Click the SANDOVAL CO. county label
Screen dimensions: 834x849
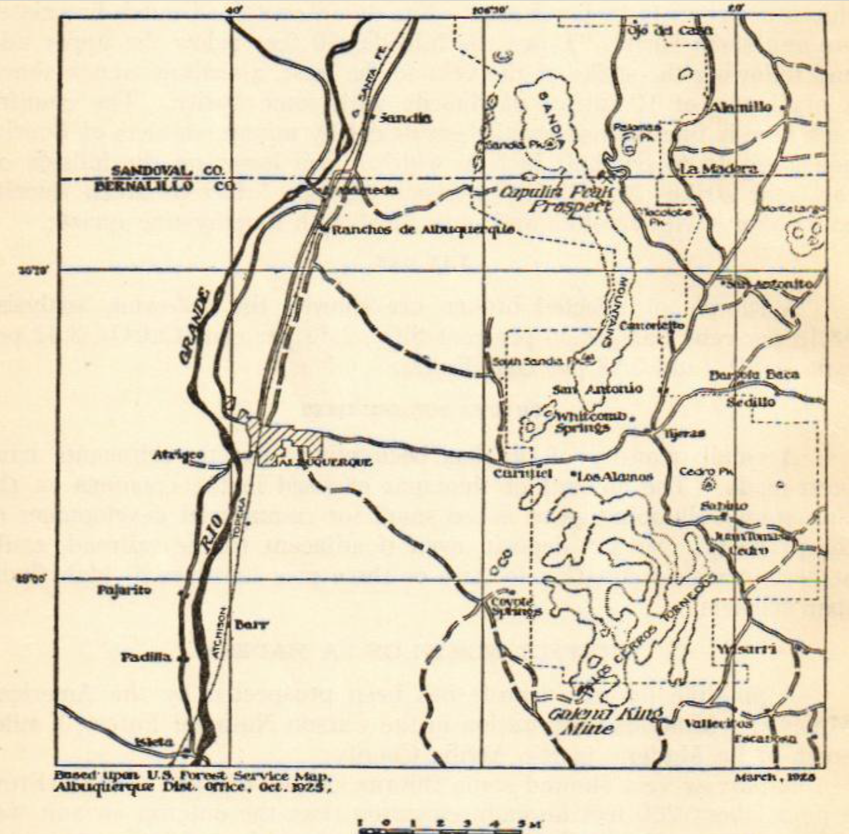(x=168, y=171)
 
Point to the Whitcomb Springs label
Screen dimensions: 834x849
(x=582, y=421)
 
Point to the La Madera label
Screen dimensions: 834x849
(x=720, y=168)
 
